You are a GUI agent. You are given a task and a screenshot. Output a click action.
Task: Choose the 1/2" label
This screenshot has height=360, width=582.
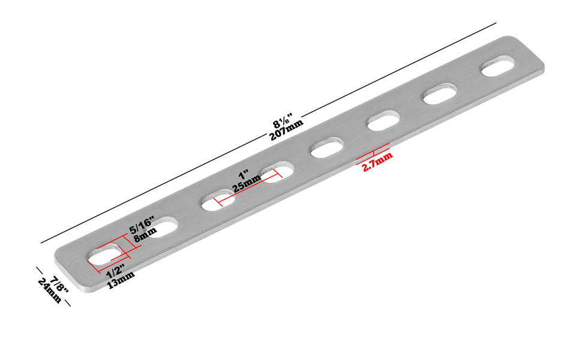coord(116,271)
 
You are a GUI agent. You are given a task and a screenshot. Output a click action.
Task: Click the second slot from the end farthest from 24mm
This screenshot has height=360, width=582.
coord(440,94)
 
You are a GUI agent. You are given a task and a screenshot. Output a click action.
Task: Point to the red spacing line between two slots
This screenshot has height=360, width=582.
coord(248,187)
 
